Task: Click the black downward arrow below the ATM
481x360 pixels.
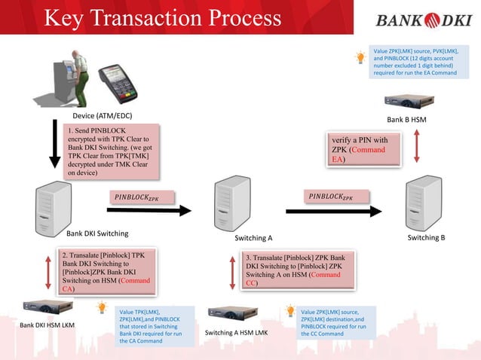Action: pyautogui.click(x=54, y=144)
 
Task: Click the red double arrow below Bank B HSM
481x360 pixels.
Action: pyautogui.click(x=416, y=148)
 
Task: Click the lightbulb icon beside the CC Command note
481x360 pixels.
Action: pyautogui.click(x=290, y=310)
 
